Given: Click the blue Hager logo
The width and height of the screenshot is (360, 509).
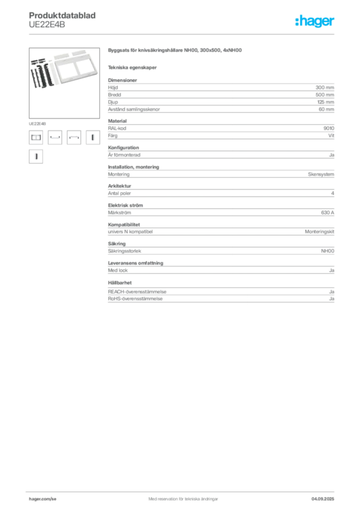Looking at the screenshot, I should tap(315, 22).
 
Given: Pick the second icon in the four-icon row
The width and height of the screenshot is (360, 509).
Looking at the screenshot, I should tap(55, 138).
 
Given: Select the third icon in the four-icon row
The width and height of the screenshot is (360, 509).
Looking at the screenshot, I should tap(74, 138).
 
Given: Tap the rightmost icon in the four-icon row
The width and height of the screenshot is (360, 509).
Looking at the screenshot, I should tap(91, 138).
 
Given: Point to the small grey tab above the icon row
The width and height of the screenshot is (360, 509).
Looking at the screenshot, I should tap(37, 122).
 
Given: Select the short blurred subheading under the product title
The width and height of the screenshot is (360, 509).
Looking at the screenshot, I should tap(133, 67).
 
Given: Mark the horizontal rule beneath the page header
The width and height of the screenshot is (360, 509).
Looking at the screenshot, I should tap(183, 34).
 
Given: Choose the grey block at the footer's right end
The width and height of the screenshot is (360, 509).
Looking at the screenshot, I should tap(326, 496).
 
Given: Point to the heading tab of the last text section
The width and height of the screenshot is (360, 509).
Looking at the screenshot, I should tap(119, 282).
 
